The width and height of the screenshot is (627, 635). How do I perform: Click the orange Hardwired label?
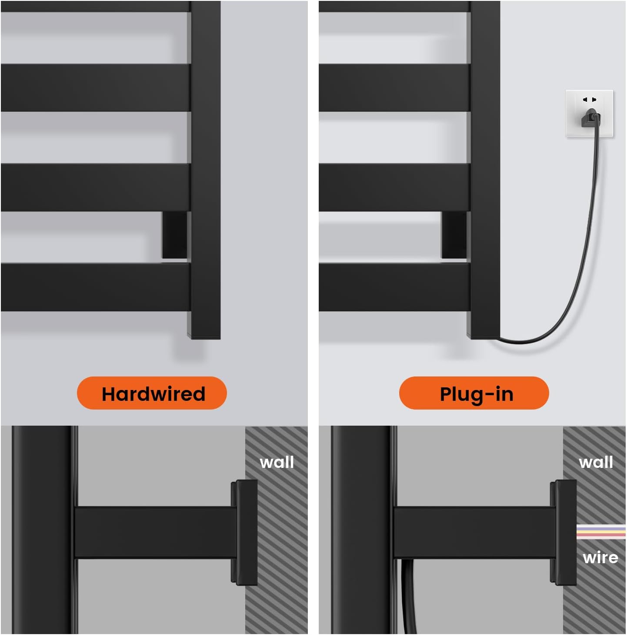[152, 393]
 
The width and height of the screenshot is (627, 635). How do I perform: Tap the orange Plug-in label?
[474, 393]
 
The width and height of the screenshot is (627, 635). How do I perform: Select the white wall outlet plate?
[589, 113]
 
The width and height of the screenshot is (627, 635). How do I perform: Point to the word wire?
[600, 558]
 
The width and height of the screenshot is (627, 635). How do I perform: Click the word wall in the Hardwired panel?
[277, 462]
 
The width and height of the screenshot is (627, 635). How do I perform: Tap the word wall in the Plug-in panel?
[596, 462]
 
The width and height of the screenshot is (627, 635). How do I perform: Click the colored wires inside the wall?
[601, 531]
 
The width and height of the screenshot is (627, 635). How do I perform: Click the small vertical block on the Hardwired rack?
[174, 235]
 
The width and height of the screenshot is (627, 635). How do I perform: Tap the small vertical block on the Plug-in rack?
[454, 235]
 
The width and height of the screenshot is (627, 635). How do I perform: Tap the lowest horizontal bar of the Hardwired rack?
[96, 287]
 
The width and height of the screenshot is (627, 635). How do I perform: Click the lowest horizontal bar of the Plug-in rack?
[394, 287]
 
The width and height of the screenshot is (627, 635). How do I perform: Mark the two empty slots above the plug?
[589, 99]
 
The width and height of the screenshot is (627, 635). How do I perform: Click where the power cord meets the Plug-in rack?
[500, 338]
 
